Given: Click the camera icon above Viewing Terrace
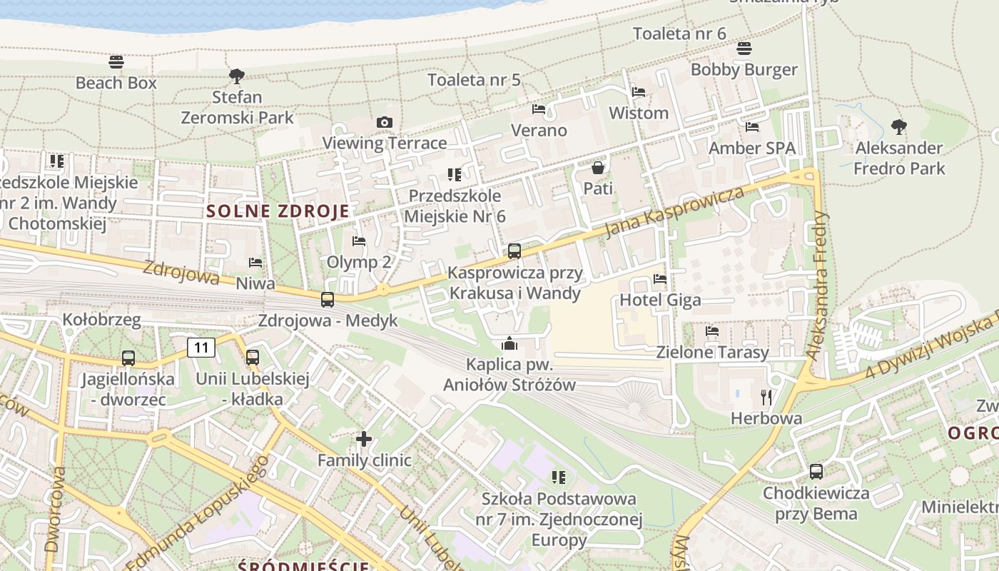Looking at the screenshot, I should [385, 123].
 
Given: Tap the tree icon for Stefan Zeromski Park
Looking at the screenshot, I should [236, 76].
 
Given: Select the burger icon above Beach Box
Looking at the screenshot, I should [116, 62].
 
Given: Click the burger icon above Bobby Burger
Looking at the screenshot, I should [744, 49].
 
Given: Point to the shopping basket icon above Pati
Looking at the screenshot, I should [598, 168].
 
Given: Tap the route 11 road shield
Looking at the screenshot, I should [201, 348].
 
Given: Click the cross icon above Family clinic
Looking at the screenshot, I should [364, 439].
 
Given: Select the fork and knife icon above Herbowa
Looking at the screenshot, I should [767, 397].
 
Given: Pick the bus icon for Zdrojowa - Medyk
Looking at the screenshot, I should [328, 300].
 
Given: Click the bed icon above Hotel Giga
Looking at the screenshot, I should [660, 279].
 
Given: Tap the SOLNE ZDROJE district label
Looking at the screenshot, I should [278, 211].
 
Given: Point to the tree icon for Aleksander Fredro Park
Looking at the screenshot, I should [899, 127].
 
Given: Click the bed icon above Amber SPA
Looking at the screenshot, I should [752, 127].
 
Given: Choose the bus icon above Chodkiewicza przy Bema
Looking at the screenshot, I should [816, 472].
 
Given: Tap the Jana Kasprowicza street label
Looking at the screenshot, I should [674, 211].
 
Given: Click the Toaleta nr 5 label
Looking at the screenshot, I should [474, 80].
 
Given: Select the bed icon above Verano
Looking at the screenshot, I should [539, 109].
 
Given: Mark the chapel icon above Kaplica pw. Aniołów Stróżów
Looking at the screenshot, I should [509, 344].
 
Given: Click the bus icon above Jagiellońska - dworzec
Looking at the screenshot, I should [128, 358].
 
